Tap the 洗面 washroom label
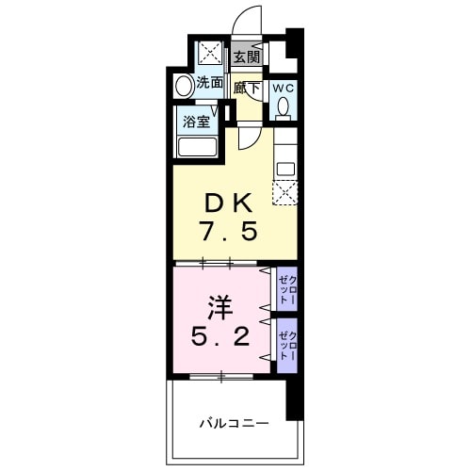[210, 84]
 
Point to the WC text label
[284, 88]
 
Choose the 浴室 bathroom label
[196, 122]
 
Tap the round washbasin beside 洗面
[185, 86]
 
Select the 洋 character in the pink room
[219, 307]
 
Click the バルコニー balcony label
[234, 423]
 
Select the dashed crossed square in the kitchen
[284, 191]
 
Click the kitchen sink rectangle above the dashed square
[285, 169]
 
